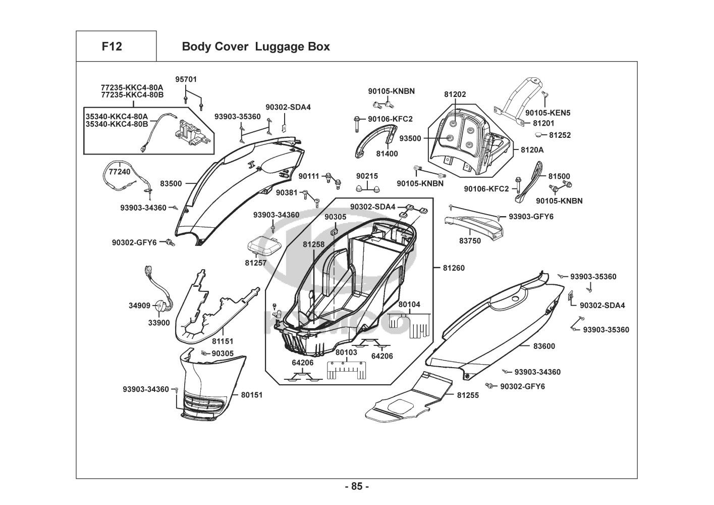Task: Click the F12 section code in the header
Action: [x=112, y=46]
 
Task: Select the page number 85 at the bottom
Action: [x=357, y=487]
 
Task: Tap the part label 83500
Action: [x=171, y=184]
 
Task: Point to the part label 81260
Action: [x=454, y=268]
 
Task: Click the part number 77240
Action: [x=120, y=172]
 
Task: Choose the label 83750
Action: [x=470, y=241]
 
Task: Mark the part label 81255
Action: [x=468, y=395]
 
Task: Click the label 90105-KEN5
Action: [x=547, y=113]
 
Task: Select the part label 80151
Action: [x=251, y=395]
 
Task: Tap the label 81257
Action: [x=256, y=263]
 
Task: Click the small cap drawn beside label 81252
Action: [x=540, y=135]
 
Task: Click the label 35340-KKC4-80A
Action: [x=117, y=116]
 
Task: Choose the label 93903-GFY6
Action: [x=531, y=217]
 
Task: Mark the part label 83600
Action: [x=544, y=346]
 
